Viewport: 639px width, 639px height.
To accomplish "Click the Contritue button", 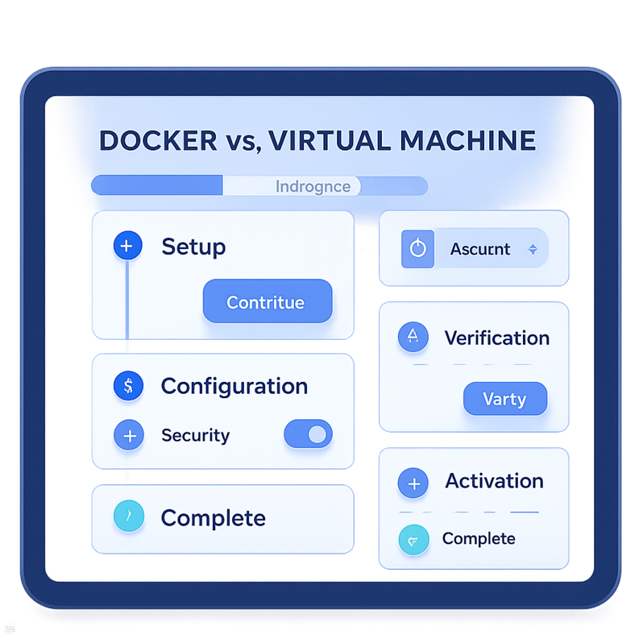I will point(267,302).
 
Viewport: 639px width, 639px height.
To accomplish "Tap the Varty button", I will point(504,399).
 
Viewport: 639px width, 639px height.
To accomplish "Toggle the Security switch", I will point(308,435).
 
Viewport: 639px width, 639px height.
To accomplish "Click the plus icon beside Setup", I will point(128,246).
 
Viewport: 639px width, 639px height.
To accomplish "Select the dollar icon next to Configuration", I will point(128,386).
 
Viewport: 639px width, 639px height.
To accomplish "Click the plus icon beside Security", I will point(128,435).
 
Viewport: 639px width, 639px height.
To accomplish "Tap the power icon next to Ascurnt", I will point(417,249).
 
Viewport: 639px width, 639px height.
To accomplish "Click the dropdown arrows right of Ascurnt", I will point(532,250).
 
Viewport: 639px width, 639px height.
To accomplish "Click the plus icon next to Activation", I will point(413,483).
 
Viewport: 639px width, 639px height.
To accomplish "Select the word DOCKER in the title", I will point(158,140).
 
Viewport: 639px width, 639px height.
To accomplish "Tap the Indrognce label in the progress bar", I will point(313,186).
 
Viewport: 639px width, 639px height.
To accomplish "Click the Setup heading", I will point(193,247).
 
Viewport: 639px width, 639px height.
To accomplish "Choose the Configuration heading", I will point(234,386).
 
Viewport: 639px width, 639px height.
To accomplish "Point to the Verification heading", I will point(496,338).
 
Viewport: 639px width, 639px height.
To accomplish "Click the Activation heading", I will point(494,481).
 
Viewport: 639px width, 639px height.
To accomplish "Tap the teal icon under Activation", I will point(413,539).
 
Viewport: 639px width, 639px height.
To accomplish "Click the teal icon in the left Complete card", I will point(128,517).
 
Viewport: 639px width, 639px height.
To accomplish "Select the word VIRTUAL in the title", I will point(324,140).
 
